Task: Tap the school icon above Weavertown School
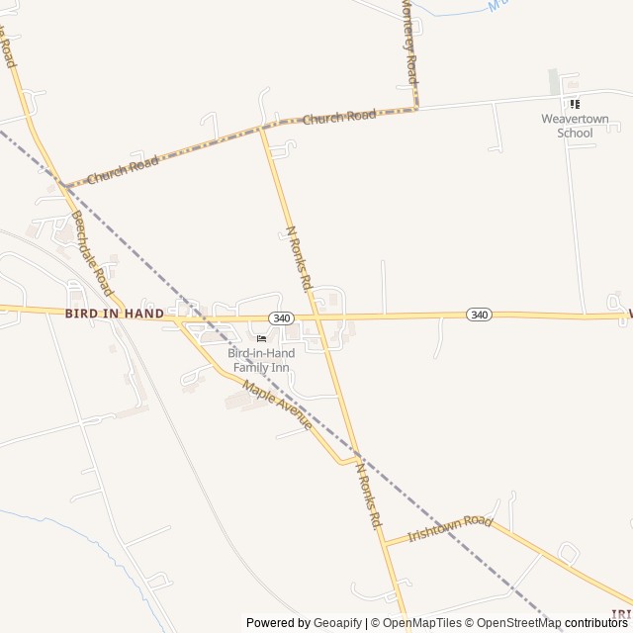tap(574, 104)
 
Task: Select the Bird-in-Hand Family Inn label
tap(261, 360)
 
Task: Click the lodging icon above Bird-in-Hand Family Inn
tap(261, 339)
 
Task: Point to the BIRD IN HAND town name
tap(115, 314)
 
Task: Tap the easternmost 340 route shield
tap(480, 315)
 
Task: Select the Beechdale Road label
tap(92, 253)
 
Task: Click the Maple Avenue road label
tap(278, 406)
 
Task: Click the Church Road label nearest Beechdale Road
tap(123, 170)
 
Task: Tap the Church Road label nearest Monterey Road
tap(339, 117)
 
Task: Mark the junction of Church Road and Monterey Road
tap(416, 108)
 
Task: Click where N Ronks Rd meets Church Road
tap(262, 129)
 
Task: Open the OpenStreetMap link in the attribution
tap(512, 623)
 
